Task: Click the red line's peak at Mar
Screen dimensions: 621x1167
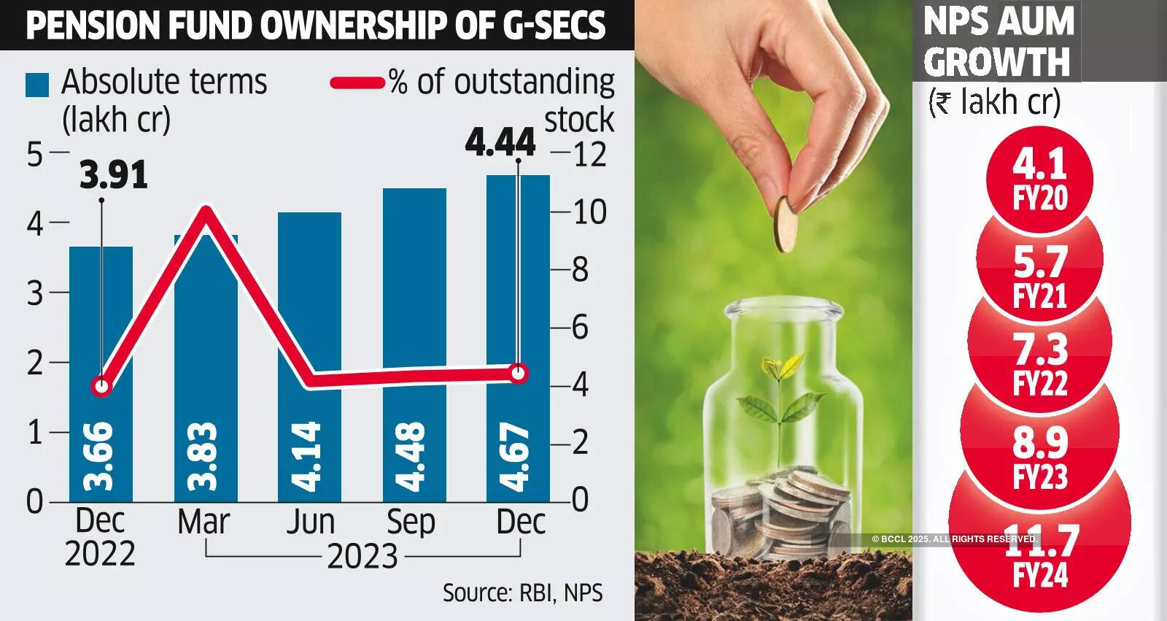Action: click(x=206, y=213)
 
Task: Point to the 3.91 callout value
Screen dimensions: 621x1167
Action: click(x=114, y=175)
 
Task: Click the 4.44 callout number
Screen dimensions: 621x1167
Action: click(x=500, y=142)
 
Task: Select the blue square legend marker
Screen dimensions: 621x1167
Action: click(x=37, y=85)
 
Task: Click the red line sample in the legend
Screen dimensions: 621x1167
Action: click(x=357, y=82)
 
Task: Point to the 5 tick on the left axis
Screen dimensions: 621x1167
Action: click(x=34, y=154)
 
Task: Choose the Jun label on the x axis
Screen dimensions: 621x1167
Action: click(x=310, y=522)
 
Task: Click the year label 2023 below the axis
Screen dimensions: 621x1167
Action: click(x=362, y=557)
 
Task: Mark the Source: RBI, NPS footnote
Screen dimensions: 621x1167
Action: click(x=522, y=593)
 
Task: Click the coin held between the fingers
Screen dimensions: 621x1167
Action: click(x=785, y=223)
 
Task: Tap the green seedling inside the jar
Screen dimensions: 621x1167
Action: click(x=779, y=394)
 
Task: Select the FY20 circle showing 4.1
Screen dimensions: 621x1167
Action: click(x=1040, y=179)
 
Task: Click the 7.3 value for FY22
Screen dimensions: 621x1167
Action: click(x=1040, y=349)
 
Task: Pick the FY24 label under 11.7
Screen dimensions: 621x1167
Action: click(x=1040, y=576)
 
